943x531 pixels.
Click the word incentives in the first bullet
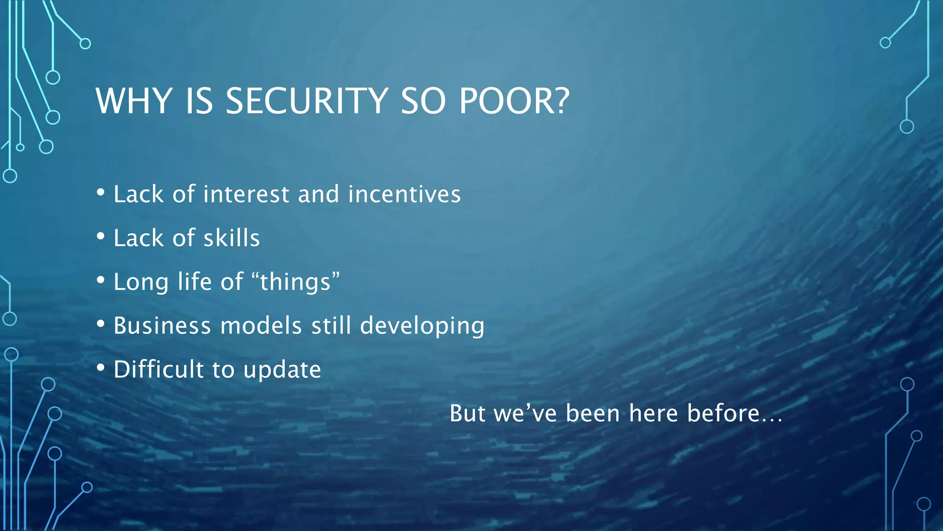click(404, 194)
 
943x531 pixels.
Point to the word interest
click(246, 194)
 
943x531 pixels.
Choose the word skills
click(232, 238)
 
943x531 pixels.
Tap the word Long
click(141, 283)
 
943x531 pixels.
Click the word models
click(261, 326)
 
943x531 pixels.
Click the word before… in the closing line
click(735, 413)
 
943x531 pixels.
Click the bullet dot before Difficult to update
click(101, 368)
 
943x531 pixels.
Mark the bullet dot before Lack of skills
click(101, 236)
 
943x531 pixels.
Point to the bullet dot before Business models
click(101, 324)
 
